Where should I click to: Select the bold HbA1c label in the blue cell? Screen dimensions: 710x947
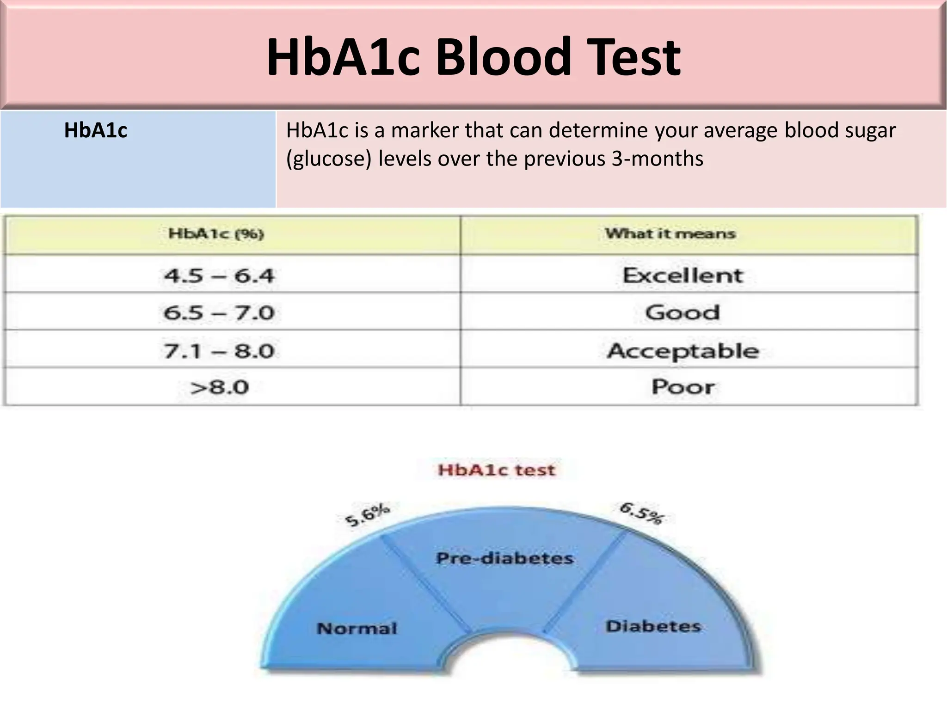[95, 130]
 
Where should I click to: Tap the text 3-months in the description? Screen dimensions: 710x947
[657, 159]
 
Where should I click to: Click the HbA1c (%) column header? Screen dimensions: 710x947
[216, 233]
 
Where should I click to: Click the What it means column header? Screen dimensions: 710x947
[670, 233]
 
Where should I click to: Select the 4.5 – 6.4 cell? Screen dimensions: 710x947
[219, 276]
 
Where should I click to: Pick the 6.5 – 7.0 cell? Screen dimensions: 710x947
[219, 313]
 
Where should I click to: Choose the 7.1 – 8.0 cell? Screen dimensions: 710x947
[219, 351]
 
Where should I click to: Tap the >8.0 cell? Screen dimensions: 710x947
[219, 387]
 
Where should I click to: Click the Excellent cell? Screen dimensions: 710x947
[683, 275]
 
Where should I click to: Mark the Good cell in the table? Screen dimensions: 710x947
[683, 312]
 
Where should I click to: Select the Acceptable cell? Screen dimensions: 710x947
[683, 351]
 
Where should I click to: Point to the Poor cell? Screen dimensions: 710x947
[683, 387]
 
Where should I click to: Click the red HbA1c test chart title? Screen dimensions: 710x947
[496, 470]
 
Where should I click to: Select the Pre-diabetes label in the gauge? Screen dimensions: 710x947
[504, 558]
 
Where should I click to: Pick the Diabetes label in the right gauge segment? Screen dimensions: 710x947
[653, 626]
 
